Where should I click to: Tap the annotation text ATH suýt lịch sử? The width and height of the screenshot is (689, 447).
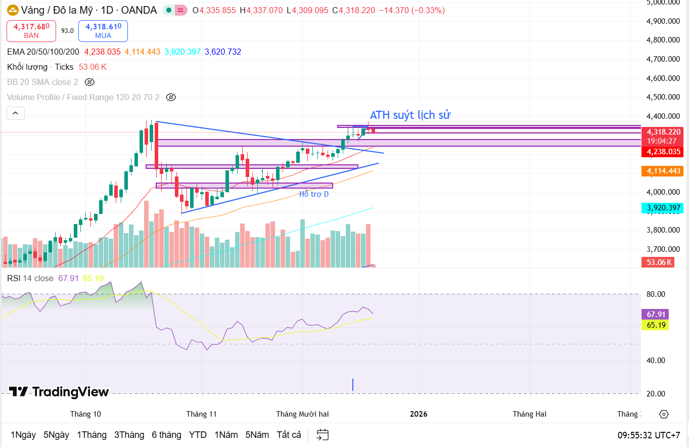pyautogui.click(x=410, y=115)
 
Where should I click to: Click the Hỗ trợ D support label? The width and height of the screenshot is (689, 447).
pyautogui.click(x=314, y=194)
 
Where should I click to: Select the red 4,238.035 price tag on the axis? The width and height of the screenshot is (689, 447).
pyautogui.click(x=662, y=151)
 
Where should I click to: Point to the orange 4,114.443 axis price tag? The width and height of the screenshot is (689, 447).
pyautogui.click(x=662, y=171)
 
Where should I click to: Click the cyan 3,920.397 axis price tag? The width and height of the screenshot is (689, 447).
pyautogui.click(x=662, y=208)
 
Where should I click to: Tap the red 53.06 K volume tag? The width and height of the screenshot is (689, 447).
pyautogui.click(x=657, y=262)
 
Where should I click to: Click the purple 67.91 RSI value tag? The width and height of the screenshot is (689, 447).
pyautogui.click(x=655, y=314)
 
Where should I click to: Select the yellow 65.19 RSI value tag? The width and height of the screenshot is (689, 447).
pyautogui.click(x=655, y=325)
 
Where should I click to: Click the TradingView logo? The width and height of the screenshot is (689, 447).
pyautogui.click(x=59, y=392)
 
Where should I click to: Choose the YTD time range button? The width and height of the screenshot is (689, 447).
pyautogui.click(x=198, y=435)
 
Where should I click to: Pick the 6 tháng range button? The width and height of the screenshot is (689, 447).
pyautogui.click(x=166, y=435)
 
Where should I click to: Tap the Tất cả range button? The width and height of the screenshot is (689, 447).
pyautogui.click(x=289, y=435)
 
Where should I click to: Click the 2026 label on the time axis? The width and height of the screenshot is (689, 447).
pyautogui.click(x=419, y=414)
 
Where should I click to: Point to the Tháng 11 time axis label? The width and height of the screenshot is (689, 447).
pyautogui.click(x=201, y=414)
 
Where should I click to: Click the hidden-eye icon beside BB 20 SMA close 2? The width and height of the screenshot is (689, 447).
pyautogui.click(x=89, y=82)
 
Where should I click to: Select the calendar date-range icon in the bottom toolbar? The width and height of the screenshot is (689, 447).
pyautogui.click(x=323, y=435)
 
